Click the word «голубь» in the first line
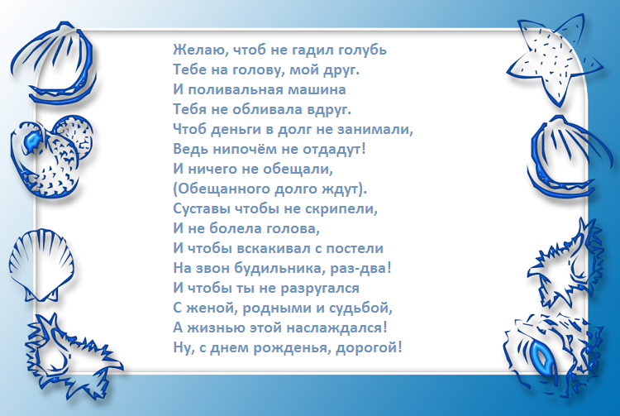[360, 50]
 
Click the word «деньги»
[242, 128]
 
